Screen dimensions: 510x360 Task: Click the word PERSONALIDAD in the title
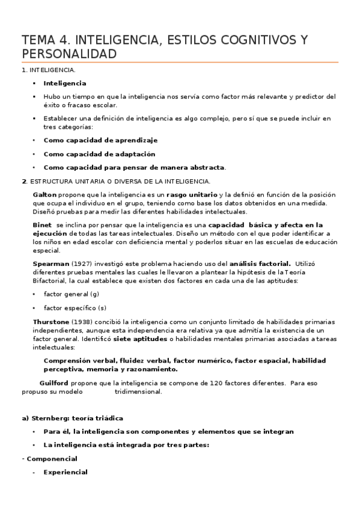(69, 54)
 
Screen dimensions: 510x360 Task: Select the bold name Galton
(44, 195)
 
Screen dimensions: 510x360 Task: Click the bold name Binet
(42, 224)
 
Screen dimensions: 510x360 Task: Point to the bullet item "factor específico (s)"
(75, 308)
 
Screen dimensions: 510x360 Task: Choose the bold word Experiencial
(66, 472)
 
